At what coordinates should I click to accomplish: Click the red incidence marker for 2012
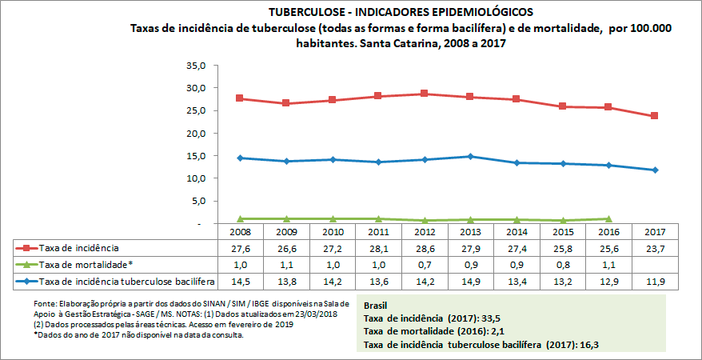coord(425,94)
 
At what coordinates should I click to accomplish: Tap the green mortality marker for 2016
coord(608,218)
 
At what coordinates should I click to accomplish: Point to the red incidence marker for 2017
coord(655,116)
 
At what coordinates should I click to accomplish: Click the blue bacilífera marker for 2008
coord(241,158)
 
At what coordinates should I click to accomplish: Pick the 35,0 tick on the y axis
coord(197,65)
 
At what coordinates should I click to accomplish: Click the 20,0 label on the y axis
coord(197,134)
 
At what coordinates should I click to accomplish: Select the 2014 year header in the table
coord(517,232)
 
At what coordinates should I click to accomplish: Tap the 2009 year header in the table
coord(287,232)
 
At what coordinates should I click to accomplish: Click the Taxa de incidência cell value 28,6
coord(425,248)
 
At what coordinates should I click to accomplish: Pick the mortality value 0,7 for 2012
coord(425,264)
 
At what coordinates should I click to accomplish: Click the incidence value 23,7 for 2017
coord(655,248)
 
